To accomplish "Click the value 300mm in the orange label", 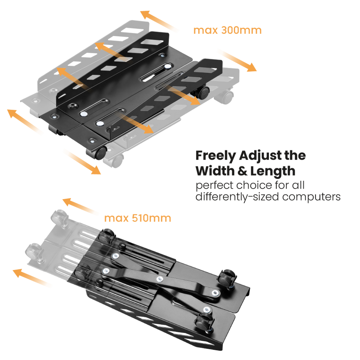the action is pyautogui.click(x=241, y=30).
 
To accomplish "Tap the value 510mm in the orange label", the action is pyautogui.click(x=151, y=218).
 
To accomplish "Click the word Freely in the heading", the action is pyautogui.click(x=216, y=156).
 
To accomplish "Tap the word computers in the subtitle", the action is pyautogui.click(x=311, y=197).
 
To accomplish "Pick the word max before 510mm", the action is pyautogui.click(x=116, y=218).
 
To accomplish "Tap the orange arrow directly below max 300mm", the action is pyautogui.click(x=238, y=61).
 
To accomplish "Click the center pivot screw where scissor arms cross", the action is pyautogui.click(x=160, y=279).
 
